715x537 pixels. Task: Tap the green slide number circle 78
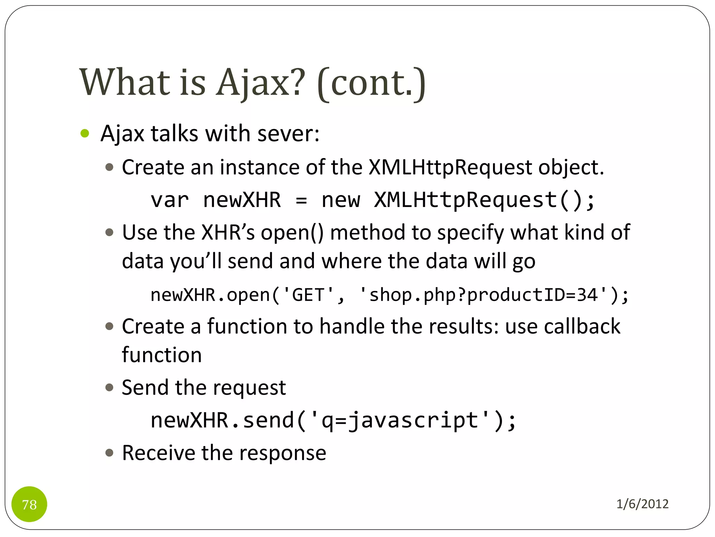pos(29,504)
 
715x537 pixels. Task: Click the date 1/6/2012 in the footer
pos(642,504)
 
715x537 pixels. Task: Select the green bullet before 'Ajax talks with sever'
pos(85,134)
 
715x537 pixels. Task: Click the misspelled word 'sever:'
pos(288,134)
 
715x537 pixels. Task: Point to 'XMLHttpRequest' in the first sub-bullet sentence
pos(450,167)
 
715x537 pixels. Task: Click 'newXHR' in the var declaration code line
pos(242,200)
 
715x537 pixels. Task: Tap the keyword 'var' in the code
pos(169,200)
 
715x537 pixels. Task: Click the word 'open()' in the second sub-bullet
pos(292,232)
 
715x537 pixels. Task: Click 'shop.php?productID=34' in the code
pos(483,295)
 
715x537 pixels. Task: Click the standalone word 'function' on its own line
pos(162,355)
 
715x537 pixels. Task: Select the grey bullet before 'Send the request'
pos(110,387)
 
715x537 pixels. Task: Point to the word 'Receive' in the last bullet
pos(158,453)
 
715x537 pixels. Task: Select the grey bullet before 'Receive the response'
pos(110,453)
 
